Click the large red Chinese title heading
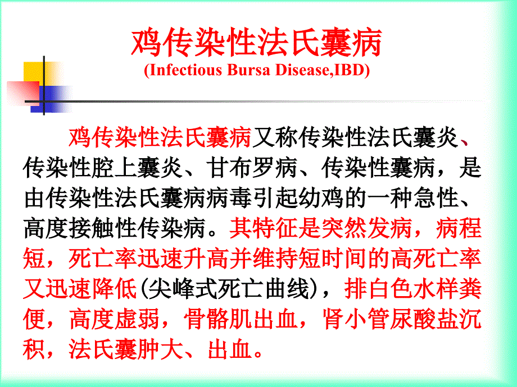point(256,43)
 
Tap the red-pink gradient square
point(22,93)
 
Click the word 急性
point(436,198)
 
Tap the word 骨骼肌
point(217,319)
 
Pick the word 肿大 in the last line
point(161,349)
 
